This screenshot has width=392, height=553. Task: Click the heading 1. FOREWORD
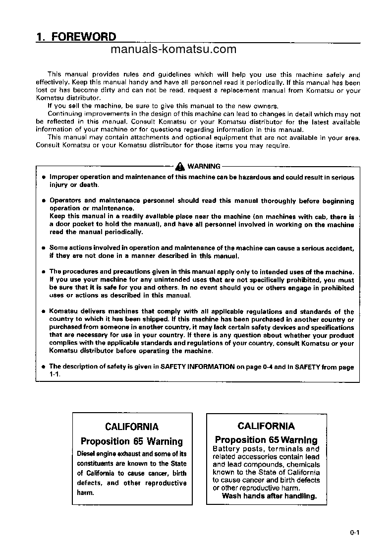pos(76,37)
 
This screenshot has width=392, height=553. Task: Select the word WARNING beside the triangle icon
pos(204,167)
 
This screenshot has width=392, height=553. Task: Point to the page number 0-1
pos(353,533)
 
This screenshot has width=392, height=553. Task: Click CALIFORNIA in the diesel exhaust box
pos(132,427)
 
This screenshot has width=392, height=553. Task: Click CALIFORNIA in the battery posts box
pos(266,426)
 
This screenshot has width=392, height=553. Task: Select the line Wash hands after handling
pos(269,496)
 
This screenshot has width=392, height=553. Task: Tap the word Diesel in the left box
pos(87,454)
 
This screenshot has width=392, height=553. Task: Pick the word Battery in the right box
pos(226,449)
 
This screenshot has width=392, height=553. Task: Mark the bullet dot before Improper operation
pos(44,177)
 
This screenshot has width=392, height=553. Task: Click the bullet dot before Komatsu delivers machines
pos(44,312)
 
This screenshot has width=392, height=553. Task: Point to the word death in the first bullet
pos(89,185)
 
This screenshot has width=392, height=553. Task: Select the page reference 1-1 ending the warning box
pos(55,374)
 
